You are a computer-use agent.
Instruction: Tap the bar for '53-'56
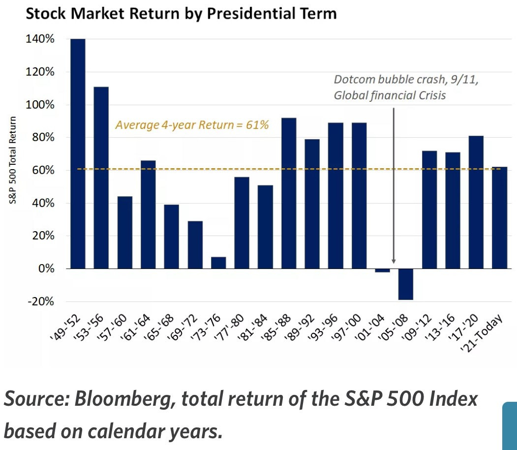[x=101, y=178]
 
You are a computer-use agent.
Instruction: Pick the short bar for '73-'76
[x=218, y=263]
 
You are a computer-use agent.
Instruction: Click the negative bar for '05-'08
[x=406, y=284]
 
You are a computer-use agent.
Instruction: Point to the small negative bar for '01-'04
[x=382, y=270]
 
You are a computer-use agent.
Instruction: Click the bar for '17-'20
[x=476, y=202]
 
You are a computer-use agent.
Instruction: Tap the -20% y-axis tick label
[x=40, y=301]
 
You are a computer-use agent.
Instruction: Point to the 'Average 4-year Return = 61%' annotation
[x=192, y=125]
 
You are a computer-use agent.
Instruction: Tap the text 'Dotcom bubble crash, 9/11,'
[x=406, y=80]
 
